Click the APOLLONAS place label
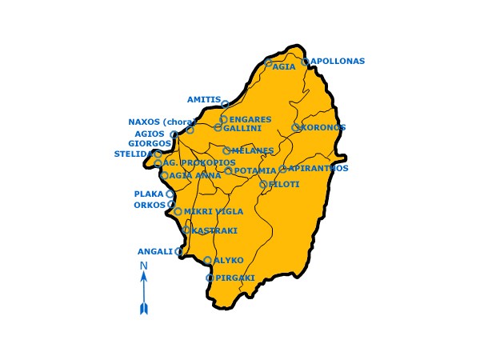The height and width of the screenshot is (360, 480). pos(338,62)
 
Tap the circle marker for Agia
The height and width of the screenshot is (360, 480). pos(269,62)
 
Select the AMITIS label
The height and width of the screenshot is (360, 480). pos(203,100)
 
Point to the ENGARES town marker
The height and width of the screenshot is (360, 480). pos(224,119)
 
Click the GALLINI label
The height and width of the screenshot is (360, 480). pos(242,128)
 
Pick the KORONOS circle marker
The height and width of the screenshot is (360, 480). pos(296,127)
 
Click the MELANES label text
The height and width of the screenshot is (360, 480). pos(253,150)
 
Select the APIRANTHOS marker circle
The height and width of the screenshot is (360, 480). pos(283,170)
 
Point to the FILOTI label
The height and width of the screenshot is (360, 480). pos(284,185)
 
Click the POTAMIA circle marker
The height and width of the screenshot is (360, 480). pos(229,171)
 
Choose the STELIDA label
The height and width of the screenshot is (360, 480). pos(133,153)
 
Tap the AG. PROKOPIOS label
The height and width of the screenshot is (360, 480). pos(199,163)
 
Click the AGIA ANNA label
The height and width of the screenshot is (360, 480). pos(195,176)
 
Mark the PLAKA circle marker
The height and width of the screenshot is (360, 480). pos(170,194)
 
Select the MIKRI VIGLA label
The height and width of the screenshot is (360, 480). pos(214,212)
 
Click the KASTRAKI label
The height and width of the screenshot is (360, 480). pos(214,230)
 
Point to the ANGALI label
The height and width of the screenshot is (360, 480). pos(155,251)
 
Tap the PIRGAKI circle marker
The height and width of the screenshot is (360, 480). pos(210,278)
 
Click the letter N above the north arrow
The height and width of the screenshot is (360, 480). pos(144,266)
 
